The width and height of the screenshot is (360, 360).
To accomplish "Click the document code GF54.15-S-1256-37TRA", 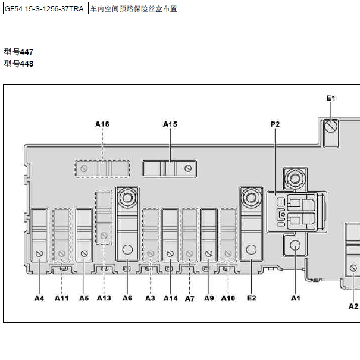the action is click(44, 9).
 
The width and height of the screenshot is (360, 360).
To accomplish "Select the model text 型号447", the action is click(18, 52).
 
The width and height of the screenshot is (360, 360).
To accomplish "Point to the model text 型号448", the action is click(18, 64).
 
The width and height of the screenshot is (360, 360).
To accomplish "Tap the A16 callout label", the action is click(102, 124).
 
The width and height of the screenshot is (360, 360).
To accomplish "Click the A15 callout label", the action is click(170, 124).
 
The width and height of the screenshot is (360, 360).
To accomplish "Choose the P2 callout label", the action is click(276, 124).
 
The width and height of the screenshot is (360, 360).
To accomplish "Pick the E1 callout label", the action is click(331, 98).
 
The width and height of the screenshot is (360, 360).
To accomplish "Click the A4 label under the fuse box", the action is click(39, 298).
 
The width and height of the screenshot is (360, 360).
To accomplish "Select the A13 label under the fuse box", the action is click(104, 298).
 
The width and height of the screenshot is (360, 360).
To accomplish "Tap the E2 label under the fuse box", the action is click(251, 298).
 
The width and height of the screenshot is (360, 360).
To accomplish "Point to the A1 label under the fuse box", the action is click(296, 298).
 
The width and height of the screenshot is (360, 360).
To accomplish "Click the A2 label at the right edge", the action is click(353, 306).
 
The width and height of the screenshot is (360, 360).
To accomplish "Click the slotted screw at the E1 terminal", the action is click(331, 126).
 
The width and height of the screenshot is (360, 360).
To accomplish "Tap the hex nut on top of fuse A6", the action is click(127, 198).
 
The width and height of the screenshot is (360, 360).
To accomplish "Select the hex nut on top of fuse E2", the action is click(251, 198).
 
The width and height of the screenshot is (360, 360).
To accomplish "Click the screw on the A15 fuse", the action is click(188, 169).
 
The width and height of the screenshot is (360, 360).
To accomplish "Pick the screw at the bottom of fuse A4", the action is click(39, 253).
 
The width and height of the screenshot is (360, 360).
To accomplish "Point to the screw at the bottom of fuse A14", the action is click(170, 253).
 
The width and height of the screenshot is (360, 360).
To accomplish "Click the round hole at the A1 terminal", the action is click(295, 245).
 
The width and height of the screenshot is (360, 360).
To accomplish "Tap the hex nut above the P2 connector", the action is click(295, 179).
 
